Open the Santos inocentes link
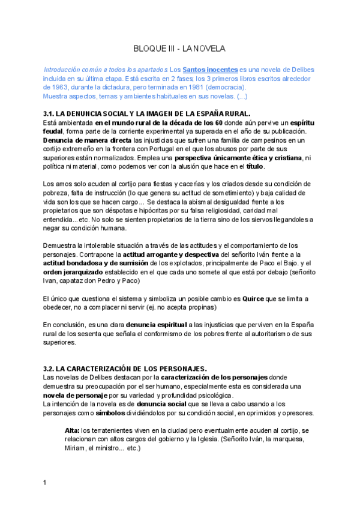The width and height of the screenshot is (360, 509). (x=210, y=70)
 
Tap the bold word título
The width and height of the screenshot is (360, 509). (x=255, y=166)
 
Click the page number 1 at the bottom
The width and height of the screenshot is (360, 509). (x=45, y=483)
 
